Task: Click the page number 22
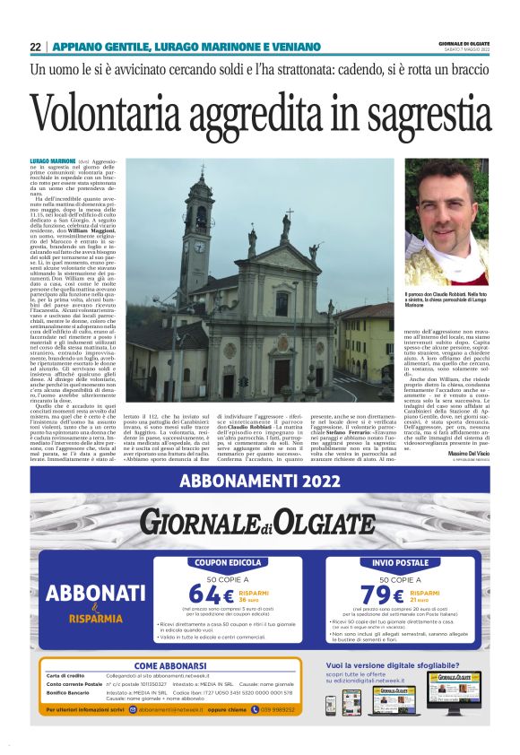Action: pos(35,47)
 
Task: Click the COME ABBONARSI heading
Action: pos(171,665)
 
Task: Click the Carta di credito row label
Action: pos(65,675)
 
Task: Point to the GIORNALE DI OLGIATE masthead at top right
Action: pos(464,44)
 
